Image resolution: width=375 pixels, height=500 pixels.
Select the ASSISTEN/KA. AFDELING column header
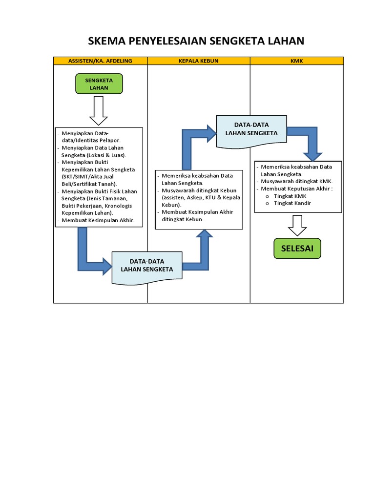[100, 61]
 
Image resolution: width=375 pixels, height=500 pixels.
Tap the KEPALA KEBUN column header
[199, 61]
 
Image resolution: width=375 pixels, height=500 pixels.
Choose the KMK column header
[297, 61]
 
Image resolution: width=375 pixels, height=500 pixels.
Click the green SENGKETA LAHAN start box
[99, 83]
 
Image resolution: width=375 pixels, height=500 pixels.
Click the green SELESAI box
[297, 249]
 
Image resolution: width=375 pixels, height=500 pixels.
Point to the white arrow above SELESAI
[297, 225]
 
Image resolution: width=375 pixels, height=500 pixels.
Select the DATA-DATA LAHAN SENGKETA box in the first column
[147, 266]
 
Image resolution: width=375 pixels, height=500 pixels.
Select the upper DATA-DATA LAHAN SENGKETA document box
[251, 130]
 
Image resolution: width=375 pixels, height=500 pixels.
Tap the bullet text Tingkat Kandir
[292, 203]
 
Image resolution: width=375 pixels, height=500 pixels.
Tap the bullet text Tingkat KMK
[290, 196]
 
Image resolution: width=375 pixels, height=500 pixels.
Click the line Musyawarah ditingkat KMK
[297, 181]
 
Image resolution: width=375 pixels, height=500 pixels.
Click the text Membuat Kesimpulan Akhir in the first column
[98, 221]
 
